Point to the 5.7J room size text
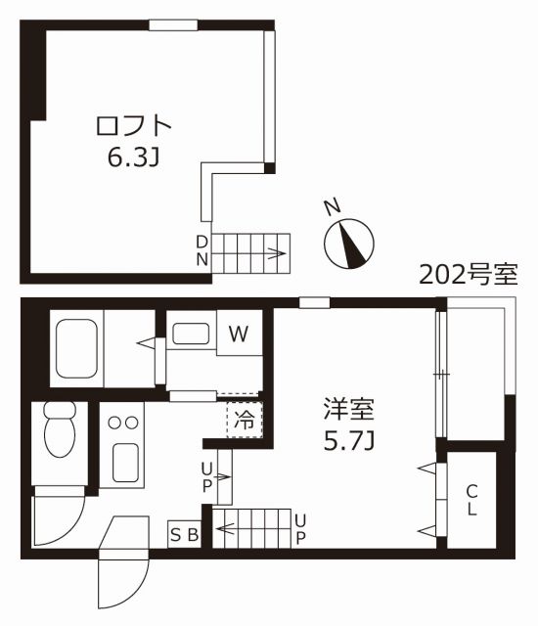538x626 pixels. pyautogui.click(x=349, y=442)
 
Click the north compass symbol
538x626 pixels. pyautogui.click(x=349, y=240)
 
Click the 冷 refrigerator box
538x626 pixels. pyautogui.click(x=245, y=421)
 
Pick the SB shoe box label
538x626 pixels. pyautogui.click(x=185, y=534)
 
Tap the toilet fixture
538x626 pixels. pyautogui.click(x=60, y=431)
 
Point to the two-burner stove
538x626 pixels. pyautogui.click(x=122, y=422)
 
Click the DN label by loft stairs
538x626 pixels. pyautogui.click(x=202, y=250)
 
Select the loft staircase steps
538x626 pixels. pyautogui.click(x=252, y=252)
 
